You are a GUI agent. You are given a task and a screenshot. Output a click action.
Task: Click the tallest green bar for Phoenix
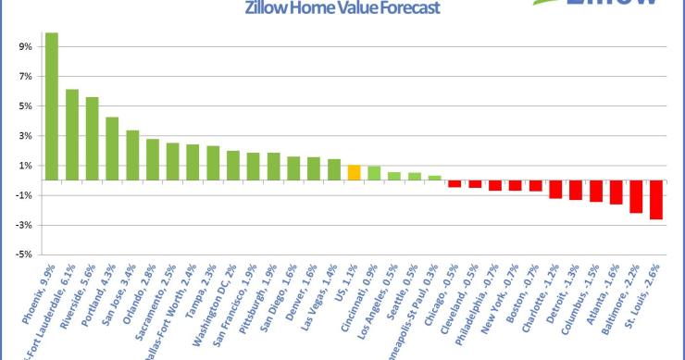click(52, 106)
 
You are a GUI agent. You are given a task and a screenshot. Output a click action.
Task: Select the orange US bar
click(354, 173)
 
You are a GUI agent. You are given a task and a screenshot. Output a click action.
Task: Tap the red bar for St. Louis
click(656, 200)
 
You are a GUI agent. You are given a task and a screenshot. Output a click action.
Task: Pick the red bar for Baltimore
click(636, 197)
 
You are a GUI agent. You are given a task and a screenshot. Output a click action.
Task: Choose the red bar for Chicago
click(455, 184)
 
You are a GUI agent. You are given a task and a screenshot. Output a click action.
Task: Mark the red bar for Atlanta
click(616, 192)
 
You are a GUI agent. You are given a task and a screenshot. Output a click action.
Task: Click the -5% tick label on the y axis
click(24, 254)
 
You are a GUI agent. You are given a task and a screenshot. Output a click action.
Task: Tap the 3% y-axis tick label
click(26, 136)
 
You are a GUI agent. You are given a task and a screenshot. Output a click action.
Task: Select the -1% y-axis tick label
click(24, 195)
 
